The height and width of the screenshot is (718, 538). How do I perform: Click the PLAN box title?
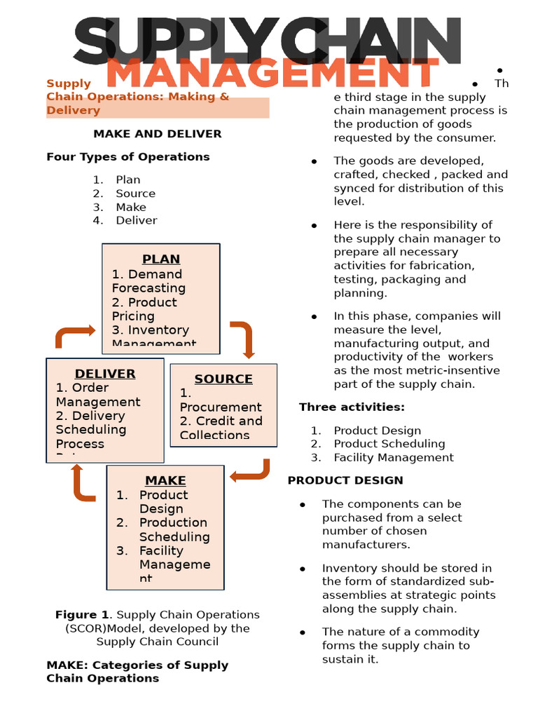(x=161, y=259)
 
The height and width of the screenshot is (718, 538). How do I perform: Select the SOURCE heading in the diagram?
(x=223, y=379)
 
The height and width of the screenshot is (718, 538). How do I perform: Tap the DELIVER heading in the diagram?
(x=105, y=374)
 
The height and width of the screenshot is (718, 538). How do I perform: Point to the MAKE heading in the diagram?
(x=165, y=480)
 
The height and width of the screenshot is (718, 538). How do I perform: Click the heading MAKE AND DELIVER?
(x=158, y=133)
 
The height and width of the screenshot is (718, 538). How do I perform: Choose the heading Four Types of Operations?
(x=128, y=156)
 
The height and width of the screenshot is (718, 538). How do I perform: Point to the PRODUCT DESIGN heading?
(x=345, y=480)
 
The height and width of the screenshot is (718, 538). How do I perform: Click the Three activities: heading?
(x=352, y=407)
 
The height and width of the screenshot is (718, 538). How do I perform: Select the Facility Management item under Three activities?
(x=394, y=457)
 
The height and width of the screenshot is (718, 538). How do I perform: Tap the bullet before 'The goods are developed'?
(x=315, y=161)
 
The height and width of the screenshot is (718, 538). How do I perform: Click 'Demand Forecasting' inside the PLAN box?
(x=149, y=281)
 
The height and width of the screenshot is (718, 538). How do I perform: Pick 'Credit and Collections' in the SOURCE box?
(x=221, y=428)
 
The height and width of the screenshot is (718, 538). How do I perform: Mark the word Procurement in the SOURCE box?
(x=221, y=407)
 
